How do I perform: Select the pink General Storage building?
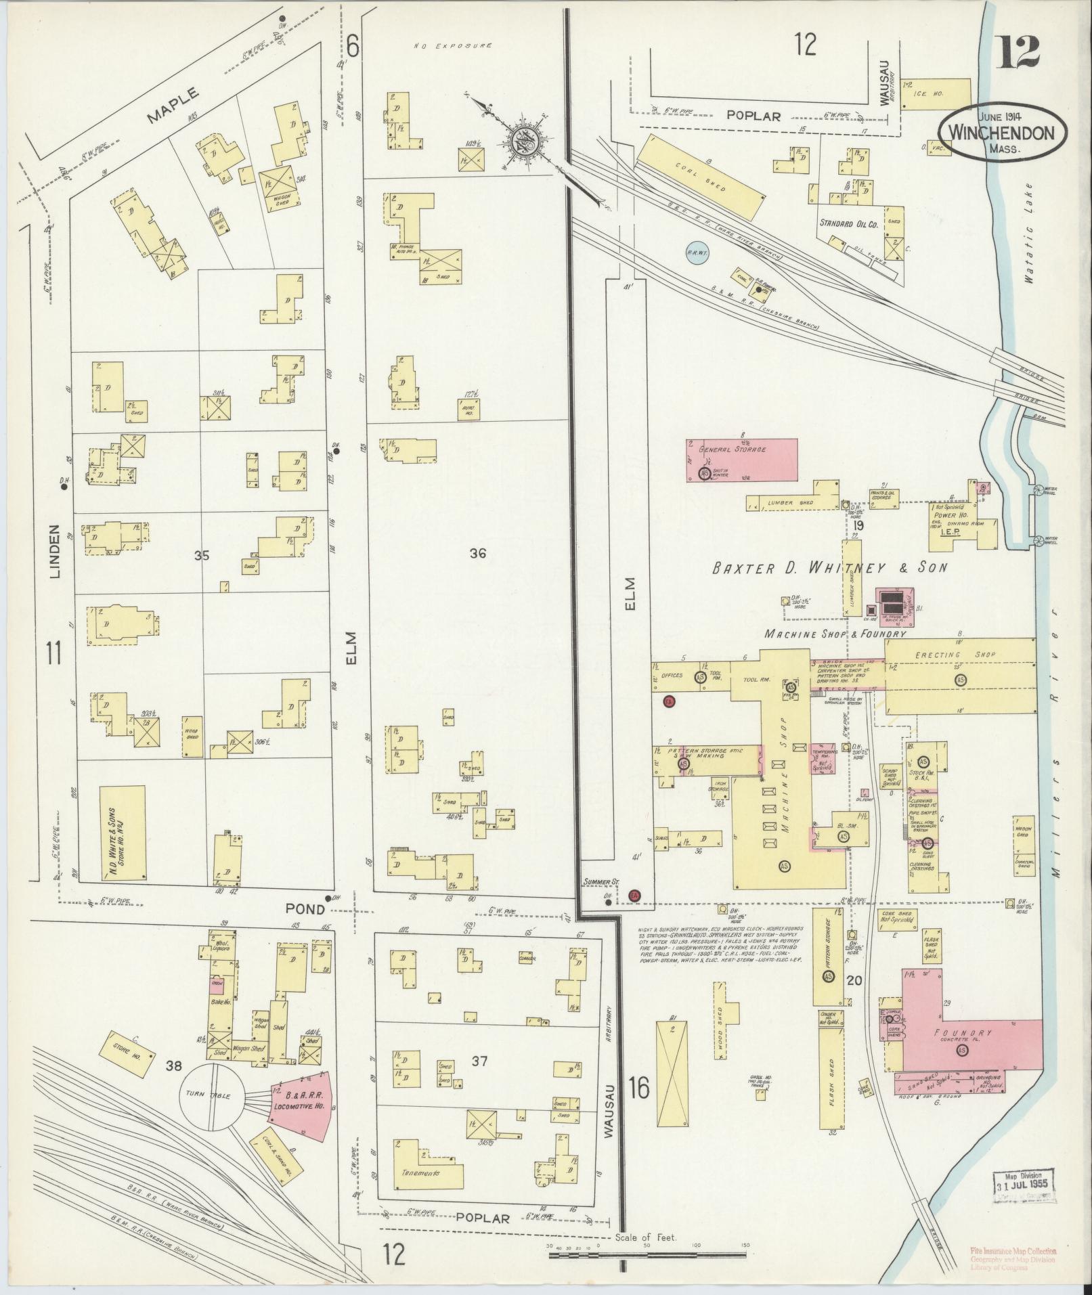click(743, 460)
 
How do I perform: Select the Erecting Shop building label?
click(959, 655)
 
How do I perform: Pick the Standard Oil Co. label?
click(848, 223)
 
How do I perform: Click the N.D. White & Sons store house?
click(123, 833)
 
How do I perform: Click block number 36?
click(478, 554)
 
